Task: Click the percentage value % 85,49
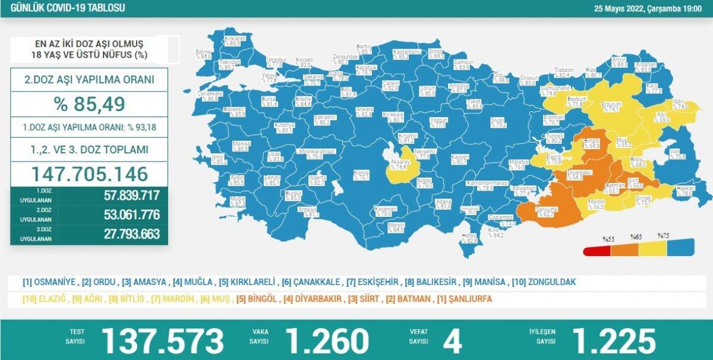click(89, 104)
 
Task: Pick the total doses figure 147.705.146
click(89, 174)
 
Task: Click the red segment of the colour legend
click(597, 250)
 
